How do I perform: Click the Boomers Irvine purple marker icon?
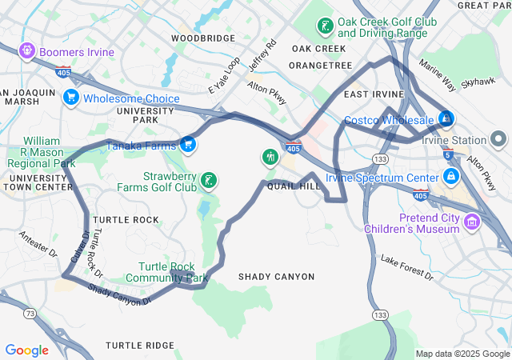[26, 52]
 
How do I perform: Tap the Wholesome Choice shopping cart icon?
[71, 98]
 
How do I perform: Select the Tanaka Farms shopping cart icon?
[187, 144]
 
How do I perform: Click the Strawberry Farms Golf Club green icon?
[208, 181]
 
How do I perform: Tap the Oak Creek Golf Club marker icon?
[325, 26]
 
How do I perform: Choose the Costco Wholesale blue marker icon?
[446, 120]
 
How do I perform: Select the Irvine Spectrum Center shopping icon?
[451, 176]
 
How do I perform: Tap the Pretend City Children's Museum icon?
[471, 219]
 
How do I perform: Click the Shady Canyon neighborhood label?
[277, 277]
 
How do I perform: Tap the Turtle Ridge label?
[139, 346]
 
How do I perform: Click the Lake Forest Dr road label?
[406, 268]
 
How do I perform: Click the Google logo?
[26, 350]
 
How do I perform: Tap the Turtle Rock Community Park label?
[173, 272]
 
